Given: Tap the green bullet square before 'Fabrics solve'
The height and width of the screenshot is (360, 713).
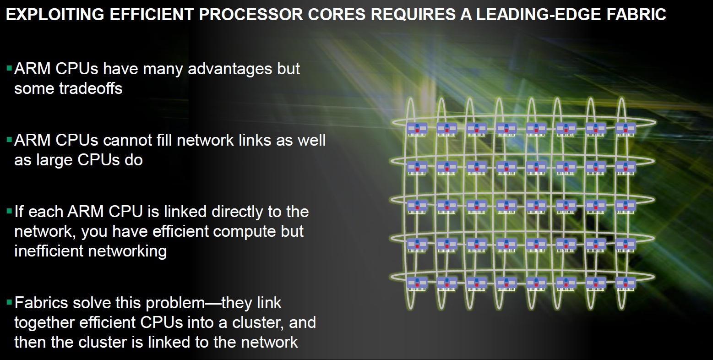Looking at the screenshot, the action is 9,301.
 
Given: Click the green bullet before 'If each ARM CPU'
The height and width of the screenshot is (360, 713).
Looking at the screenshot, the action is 9,210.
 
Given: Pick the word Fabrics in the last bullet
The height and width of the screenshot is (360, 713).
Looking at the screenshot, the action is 41,302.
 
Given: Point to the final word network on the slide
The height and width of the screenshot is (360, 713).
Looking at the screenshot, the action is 269,342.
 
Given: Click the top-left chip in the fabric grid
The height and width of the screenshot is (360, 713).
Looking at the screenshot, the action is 417,129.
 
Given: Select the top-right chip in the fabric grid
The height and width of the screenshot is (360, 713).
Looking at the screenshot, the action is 626,129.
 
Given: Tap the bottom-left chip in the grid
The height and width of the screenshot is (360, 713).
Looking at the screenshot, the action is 417,284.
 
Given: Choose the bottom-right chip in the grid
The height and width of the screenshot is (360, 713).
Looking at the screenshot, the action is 626,284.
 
